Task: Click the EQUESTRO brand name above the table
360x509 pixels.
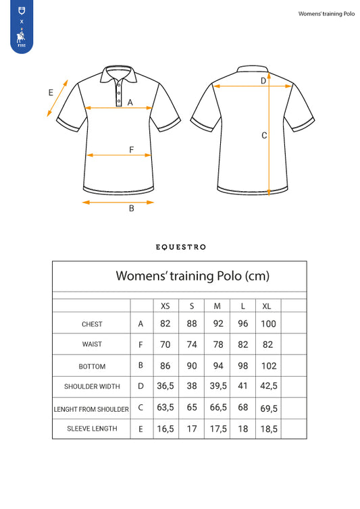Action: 180,247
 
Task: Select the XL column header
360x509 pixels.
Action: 268,306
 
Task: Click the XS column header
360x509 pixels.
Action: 165,306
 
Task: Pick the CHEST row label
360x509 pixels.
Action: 92,324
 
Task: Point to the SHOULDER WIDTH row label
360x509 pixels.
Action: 92,387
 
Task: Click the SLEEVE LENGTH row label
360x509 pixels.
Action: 92,429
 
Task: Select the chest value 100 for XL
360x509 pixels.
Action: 268,324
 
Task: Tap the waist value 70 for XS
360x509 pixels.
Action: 165,344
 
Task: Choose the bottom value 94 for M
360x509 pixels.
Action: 217,366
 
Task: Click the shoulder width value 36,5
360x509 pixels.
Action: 165,387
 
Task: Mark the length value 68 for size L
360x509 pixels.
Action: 243,408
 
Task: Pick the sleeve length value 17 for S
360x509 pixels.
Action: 192,429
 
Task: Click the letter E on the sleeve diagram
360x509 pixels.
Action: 51,93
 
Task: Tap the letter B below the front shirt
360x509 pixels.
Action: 132,209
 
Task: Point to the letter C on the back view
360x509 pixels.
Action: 264,135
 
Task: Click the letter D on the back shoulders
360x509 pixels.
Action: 263,81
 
